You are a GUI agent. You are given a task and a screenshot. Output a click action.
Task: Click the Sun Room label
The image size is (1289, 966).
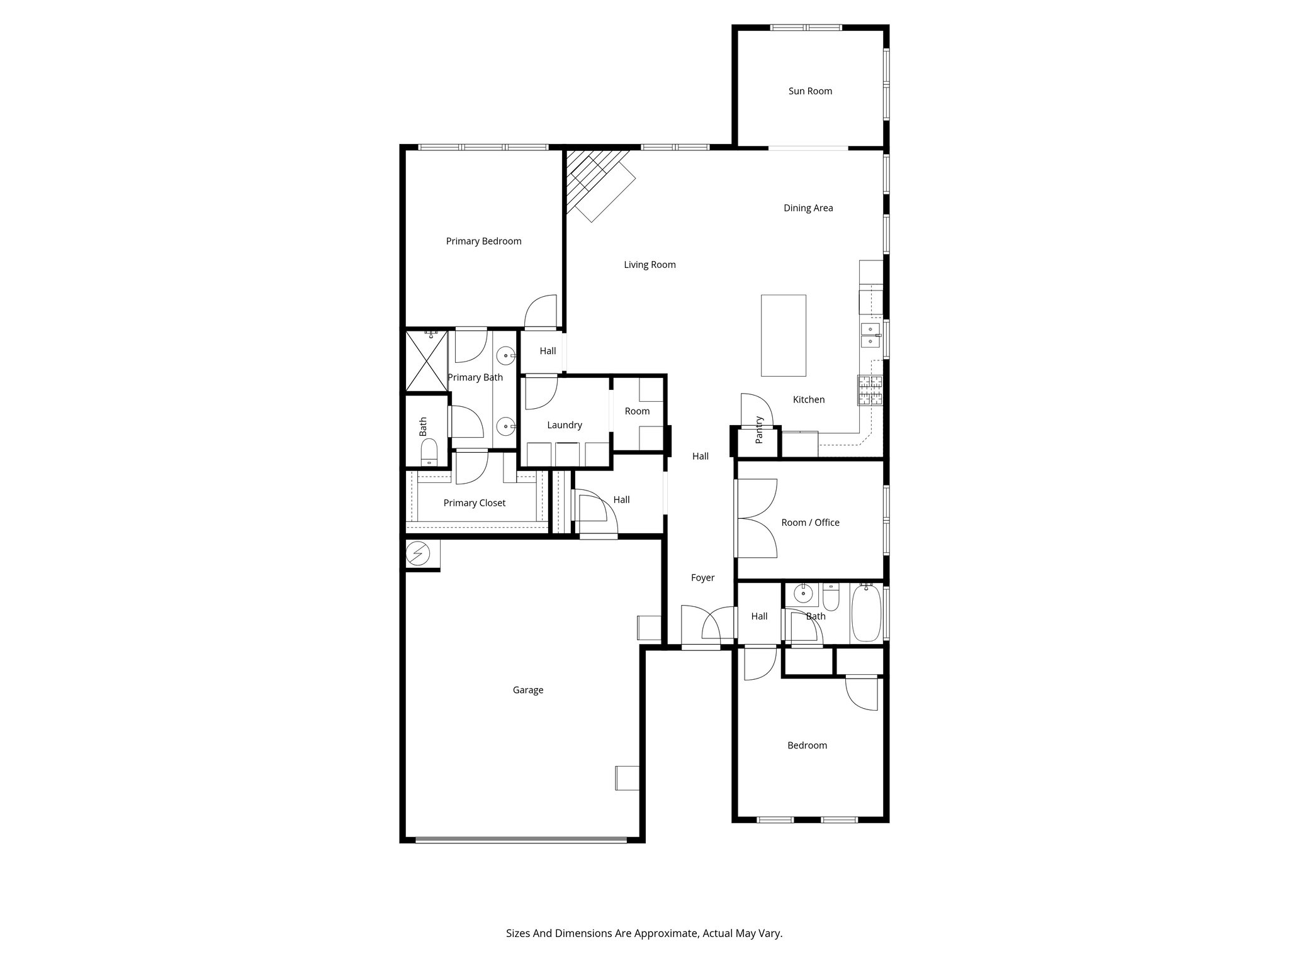(810, 91)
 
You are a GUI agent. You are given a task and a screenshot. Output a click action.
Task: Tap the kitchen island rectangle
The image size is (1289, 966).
(783, 335)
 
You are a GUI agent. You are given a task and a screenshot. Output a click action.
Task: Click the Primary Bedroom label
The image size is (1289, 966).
(483, 241)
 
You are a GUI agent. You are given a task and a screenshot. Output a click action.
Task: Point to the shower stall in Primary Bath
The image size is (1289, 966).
(426, 361)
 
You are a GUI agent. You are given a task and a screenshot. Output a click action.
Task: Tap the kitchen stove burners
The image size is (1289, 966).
(870, 390)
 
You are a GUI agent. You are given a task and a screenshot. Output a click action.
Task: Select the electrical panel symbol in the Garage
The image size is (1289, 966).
(416, 554)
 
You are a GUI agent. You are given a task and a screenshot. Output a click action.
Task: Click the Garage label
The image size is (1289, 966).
(527, 690)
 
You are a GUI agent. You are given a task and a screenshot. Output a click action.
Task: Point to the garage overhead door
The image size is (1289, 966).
(521, 840)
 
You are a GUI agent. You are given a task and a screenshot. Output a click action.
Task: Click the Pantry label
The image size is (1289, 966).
(759, 430)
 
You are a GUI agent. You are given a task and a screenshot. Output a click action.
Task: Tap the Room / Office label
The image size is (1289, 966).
(810, 523)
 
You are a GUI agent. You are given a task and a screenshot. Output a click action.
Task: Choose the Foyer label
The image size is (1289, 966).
(702, 577)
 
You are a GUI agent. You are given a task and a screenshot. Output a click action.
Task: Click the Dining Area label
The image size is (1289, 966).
(808, 208)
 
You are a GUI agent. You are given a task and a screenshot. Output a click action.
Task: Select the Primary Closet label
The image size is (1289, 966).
(474, 503)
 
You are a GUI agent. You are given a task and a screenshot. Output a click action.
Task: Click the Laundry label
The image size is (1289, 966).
(565, 425)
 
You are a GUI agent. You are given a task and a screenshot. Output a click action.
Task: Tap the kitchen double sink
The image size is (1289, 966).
(870, 336)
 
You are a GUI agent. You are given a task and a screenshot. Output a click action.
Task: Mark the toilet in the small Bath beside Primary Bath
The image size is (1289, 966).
(429, 452)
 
